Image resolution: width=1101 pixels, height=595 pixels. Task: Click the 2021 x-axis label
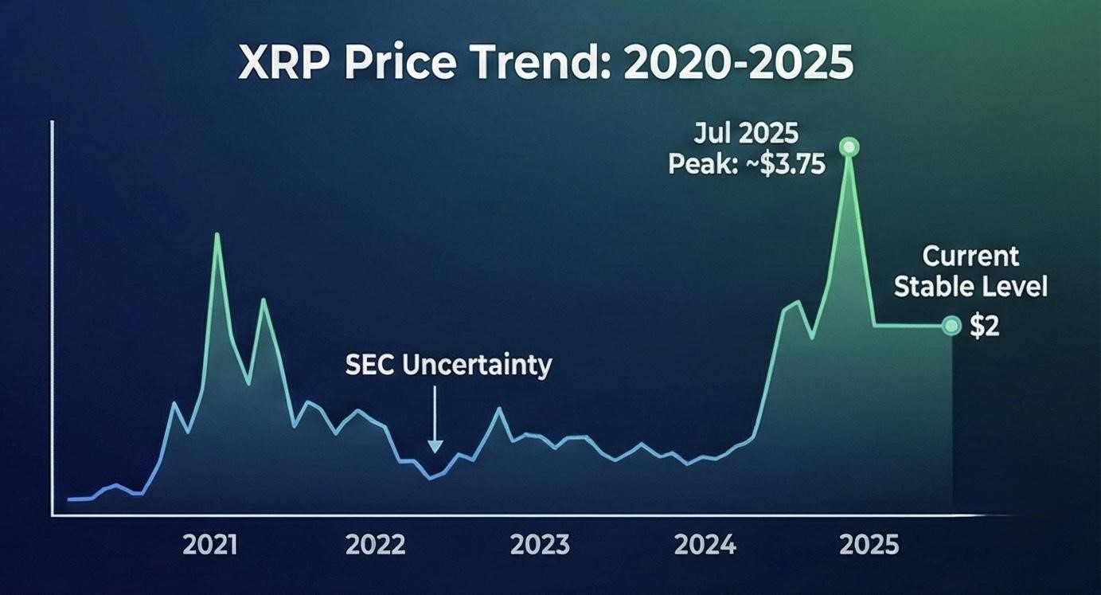(210, 546)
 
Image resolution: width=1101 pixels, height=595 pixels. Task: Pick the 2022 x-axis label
(375, 546)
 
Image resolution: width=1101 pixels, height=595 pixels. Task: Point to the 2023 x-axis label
(540, 546)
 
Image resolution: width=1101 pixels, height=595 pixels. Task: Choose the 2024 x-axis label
(705, 546)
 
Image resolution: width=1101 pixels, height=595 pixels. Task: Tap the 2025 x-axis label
(869, 546)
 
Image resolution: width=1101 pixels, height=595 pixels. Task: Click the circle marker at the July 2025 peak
(849, 147)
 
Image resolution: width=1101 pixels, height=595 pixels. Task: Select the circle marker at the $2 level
(951, 325)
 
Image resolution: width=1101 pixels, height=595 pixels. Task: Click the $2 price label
(985, 326)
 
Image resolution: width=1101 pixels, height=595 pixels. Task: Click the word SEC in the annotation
(370, 366)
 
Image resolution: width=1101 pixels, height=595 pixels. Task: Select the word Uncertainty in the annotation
(476, 366)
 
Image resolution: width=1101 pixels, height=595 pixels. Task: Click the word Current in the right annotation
(970, 256)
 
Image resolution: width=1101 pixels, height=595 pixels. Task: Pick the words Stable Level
(970, 287)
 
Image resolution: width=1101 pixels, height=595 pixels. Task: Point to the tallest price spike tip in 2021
(217, 234)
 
